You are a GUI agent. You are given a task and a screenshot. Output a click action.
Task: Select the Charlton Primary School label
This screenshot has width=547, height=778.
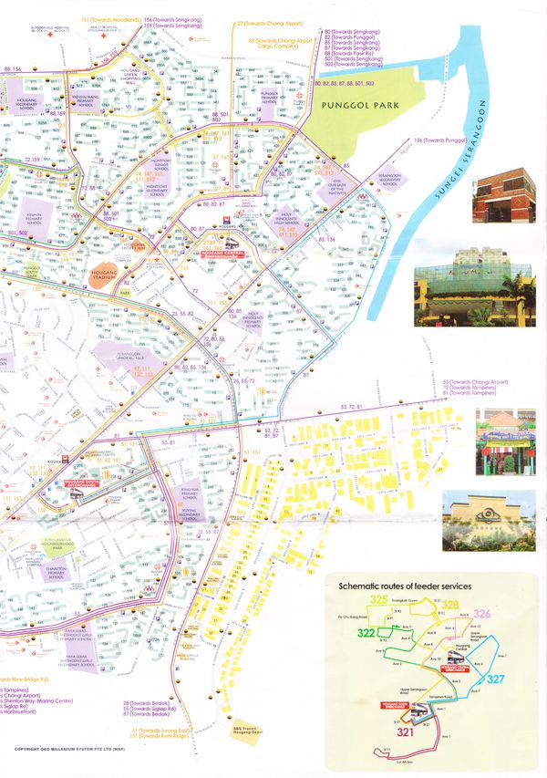point(57,575)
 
